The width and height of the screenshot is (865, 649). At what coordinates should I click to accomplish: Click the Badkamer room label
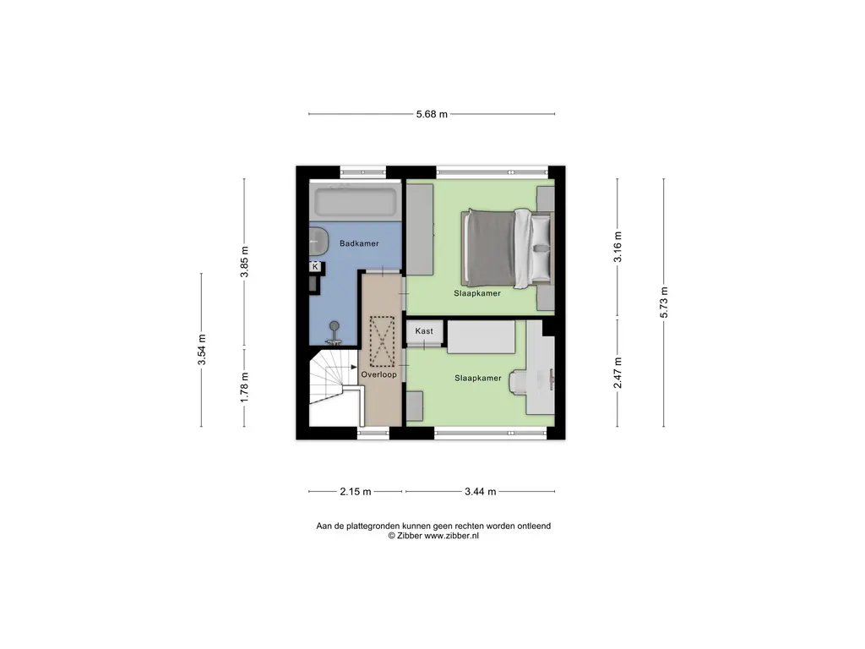point(359,243)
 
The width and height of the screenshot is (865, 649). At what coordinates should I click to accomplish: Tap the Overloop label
point(379,374)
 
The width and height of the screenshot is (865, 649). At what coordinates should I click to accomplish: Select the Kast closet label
point(424,331)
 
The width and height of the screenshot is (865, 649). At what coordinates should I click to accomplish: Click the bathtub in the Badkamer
point(356,202)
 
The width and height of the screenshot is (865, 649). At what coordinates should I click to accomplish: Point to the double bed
point(507,248)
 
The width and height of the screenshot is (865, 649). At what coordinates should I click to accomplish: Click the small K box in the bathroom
point(315,266)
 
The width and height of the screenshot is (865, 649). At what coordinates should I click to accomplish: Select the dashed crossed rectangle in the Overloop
point(382,341)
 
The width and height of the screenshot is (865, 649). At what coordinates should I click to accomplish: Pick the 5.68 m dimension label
point(432,114)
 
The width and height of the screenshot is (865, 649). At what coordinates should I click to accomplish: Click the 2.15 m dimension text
point(356,492)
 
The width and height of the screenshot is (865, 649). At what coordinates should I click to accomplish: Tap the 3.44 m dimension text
point(481,492)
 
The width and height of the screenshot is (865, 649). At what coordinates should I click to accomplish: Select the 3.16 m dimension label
point(617,248)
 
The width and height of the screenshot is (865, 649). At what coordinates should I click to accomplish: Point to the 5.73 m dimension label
point(664,303)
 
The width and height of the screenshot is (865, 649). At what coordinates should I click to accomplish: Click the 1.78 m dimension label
point(245,387)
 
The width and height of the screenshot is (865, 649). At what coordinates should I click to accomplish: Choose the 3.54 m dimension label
point(202,350)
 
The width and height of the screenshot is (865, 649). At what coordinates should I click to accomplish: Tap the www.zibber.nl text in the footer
point(451,536)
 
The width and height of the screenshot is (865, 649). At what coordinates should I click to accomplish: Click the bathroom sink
point(318,239)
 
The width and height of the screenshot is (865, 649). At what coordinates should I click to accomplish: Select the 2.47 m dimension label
point(617,373)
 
